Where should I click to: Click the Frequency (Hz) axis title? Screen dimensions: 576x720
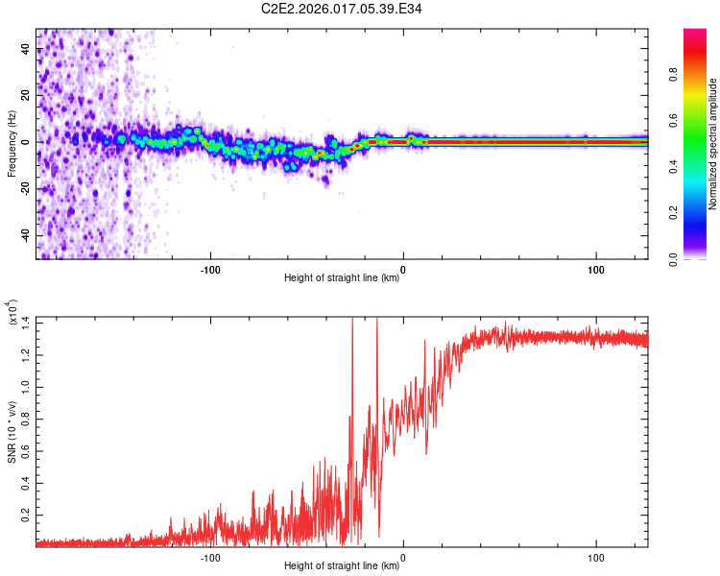[12, 144]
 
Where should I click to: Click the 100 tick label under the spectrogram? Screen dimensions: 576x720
[595, 268]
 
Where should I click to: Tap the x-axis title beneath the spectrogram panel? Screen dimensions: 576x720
[342, 279]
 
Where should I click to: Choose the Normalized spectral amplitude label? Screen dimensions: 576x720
[714, 144]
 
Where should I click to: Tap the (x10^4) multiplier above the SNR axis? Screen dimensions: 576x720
[12, 313]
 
